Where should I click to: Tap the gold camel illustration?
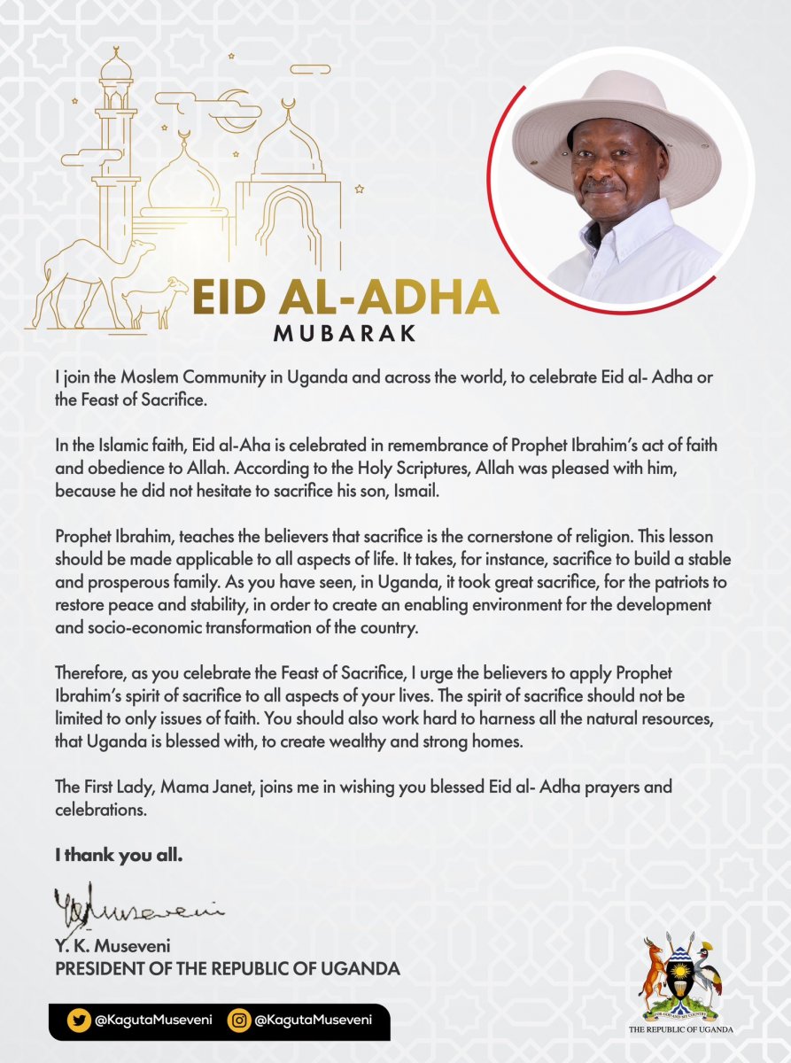tap(84, 275)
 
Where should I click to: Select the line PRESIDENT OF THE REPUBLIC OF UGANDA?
tap(228, 969)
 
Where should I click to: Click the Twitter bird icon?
tap(78, 1020)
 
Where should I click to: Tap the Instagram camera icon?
tap(238, 1020)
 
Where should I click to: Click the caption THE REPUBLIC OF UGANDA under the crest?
tap(681, 1029)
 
